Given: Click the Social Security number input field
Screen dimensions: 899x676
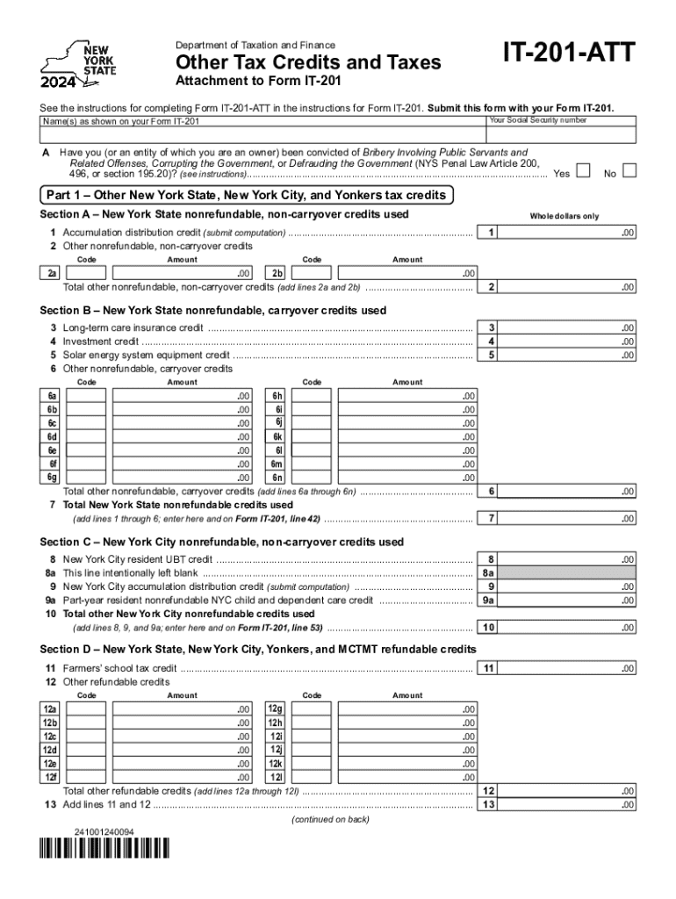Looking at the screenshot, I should [x=561, y=134].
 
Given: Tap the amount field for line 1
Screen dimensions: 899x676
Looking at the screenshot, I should [x=571, y=233].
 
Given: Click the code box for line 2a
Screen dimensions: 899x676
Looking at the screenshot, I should [x=87, y=273].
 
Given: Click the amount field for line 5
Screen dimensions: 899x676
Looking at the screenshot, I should [x=571, y=356].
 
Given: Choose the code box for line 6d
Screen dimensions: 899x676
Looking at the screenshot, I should [x=87, y=436].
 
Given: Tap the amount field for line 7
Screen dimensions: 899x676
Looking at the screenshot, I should [x=571, y=519].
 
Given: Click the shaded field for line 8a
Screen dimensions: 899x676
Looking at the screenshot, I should [x=571, y=572].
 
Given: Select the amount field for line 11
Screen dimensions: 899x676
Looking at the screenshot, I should [x=571, y=668].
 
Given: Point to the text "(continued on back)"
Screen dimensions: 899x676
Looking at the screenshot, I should [x=329, y=819].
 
